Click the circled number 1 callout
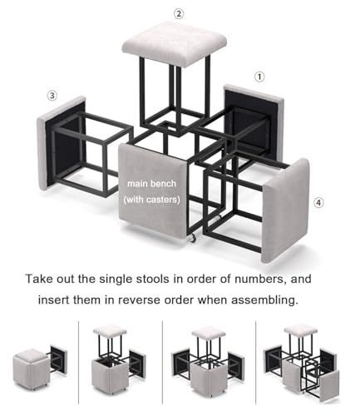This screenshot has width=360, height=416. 259,77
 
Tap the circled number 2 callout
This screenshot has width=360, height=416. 179,13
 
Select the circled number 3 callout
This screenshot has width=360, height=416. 52,96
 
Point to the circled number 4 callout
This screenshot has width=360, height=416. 318,203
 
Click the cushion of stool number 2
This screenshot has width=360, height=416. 175,43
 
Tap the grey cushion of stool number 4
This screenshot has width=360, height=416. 285,210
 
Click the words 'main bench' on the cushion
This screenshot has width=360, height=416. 151,184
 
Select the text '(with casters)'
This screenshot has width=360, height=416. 151,200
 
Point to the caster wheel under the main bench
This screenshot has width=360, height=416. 192,238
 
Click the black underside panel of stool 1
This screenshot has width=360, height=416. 253,125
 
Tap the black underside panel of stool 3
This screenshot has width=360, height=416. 67,143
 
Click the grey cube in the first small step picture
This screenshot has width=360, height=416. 31,369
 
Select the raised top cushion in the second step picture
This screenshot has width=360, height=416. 110,330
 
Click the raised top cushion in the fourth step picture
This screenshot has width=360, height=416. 301,329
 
